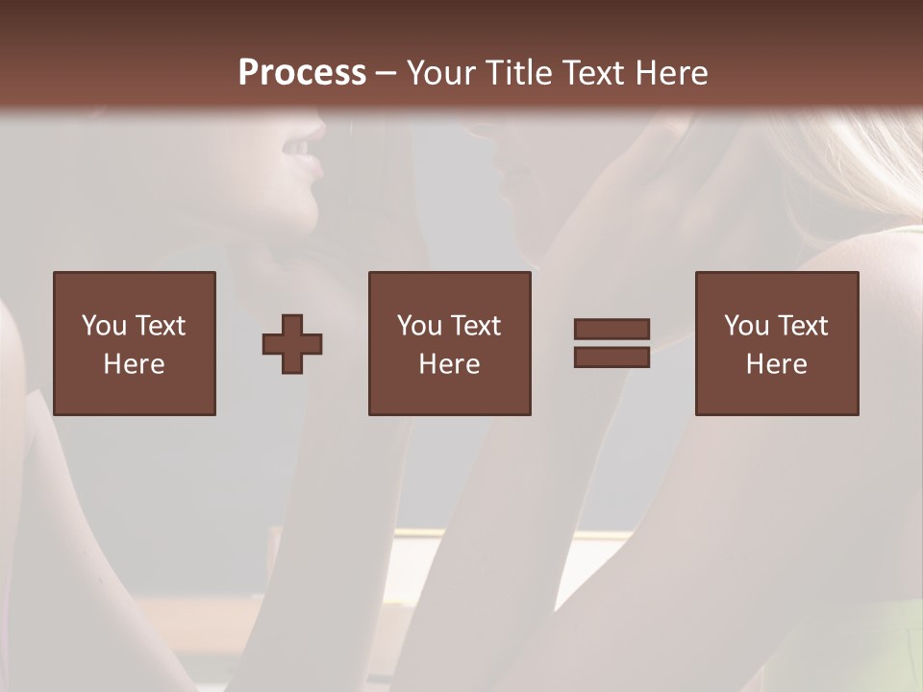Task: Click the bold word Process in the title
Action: tap(302, 73)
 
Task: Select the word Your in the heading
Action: tap(443, 73)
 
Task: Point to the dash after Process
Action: tap(387, 73)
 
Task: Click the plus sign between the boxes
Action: tap(292, 344)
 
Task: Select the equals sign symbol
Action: tap(611, 343)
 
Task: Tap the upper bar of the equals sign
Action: tap(611, 330)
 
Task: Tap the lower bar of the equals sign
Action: tap(611, 358)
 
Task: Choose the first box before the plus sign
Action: tap(135, 343)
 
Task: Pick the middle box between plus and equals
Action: tap(450, 343)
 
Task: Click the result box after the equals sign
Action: tap(777, 343)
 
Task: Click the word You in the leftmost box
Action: tap(105, 326)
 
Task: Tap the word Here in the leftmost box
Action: tap(134, 364)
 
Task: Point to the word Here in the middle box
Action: tap(449, 364)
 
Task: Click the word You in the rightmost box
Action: tap(747, 326)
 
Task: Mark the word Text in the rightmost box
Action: tap(801, 326)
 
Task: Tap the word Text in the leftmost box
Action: tap(159, 326)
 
